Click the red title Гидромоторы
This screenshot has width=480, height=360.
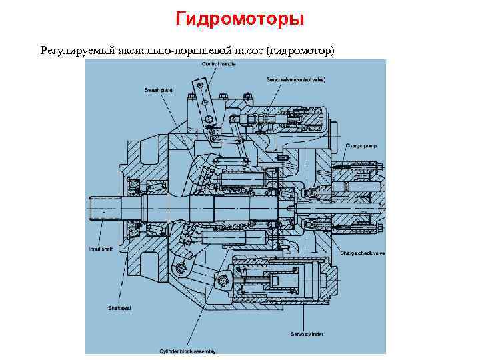pyautogui.click(x=240, y=19)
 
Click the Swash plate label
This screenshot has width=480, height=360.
pyautogui.click(x=155, y=89)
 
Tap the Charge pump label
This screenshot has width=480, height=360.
pyautogui.click(x=360, y=145)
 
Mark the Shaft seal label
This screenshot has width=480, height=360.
pyautogui.click(x=119, y=308)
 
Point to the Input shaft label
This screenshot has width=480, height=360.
pyautogui.click(x=100, y=249)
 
